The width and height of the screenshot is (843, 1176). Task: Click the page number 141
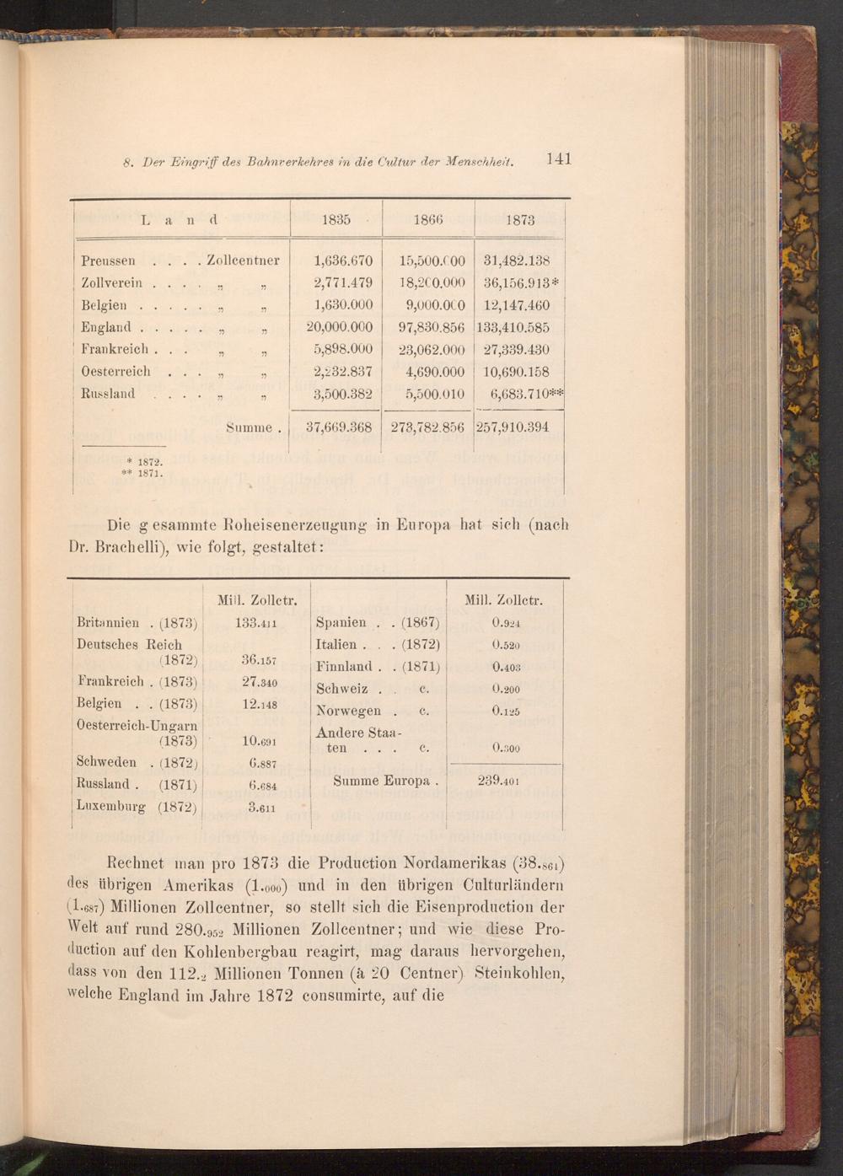click(x=559, y=158)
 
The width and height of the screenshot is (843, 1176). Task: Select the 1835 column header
click(x=336, y=220)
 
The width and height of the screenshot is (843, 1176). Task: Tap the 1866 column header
click(x=428, y=220)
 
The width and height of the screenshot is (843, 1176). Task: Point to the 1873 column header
click(x=521, y=220)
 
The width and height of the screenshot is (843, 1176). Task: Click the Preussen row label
click(x=108, y=260)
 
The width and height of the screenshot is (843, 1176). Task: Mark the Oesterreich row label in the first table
click(x=115, y=371)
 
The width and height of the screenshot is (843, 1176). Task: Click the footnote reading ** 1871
click(x=144, y=473)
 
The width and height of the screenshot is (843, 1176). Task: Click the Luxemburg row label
click(x=110, y=806)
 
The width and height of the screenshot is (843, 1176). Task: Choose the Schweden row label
click(x=106, y=761)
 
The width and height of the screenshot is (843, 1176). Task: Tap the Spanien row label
click(x=341, y=623)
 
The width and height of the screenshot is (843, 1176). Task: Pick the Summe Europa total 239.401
click(x=498, y=780)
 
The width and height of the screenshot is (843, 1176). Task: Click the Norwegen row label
click(x=348, y=711)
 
